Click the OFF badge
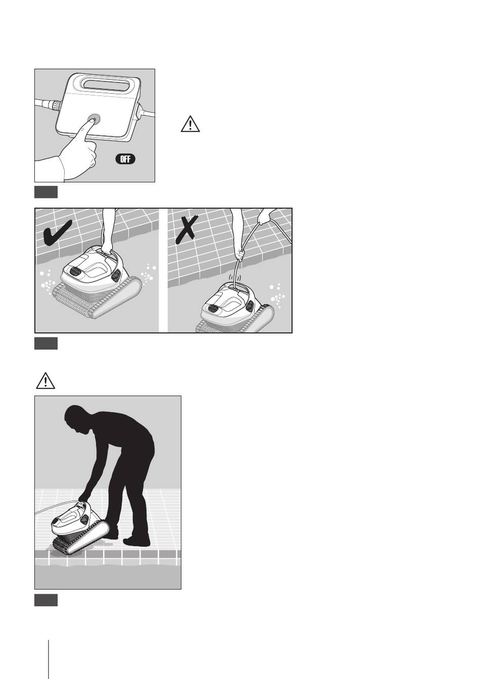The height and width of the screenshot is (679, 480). pyautogui.click(x=125, y=159)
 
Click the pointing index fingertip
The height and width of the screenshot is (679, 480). pyautogui.click(x=90, y=121)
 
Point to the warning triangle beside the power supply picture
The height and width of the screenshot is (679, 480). pyautogui.click(x=190, y=124)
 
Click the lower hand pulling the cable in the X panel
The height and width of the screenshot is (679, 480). pyautogui.click(x=241, y=254)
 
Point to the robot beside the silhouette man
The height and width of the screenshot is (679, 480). pyautogui.click(x=81, y=528)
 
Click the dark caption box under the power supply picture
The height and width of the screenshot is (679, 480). pyautogui.click(x=46, y=192)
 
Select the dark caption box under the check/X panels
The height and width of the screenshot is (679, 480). pyautogui.click(x=46, y=343)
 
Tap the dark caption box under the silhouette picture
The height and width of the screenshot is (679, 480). pyautogui.click(x=46, y=600)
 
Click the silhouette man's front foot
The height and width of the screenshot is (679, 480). pyautogui.click(x=136, y=541)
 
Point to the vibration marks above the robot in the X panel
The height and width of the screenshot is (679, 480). pyautogui.click(x=234, y=277)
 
